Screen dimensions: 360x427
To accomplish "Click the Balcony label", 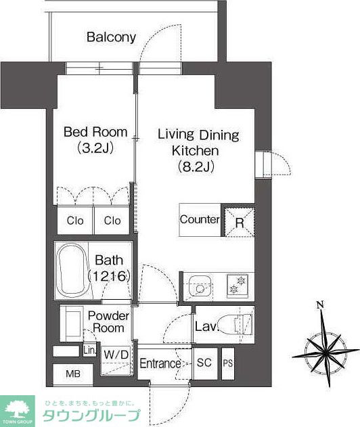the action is click(111, 37).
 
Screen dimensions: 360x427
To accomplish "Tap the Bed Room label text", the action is click(95, 132).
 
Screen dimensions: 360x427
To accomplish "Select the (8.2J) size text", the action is click(196, 166).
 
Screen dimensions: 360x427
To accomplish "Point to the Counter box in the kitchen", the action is click(200, 220).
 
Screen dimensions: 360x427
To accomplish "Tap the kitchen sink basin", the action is click(200, 288).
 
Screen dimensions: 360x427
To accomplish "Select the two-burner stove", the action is click(238, 286).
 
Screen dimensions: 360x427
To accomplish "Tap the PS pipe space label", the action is click(228, 363).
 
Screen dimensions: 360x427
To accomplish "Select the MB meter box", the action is click(73, 374).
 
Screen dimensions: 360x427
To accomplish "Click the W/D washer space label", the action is click(116, 355).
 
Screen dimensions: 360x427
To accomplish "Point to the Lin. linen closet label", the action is click(90, 351).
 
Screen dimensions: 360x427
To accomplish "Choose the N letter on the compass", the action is click(320, 305).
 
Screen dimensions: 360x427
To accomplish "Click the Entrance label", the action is click(160, 363).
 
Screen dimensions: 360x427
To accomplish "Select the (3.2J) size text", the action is click(95, 148).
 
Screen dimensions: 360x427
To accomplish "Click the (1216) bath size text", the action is click(109, 276).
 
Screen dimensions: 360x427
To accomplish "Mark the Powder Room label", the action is click(108, 322).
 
